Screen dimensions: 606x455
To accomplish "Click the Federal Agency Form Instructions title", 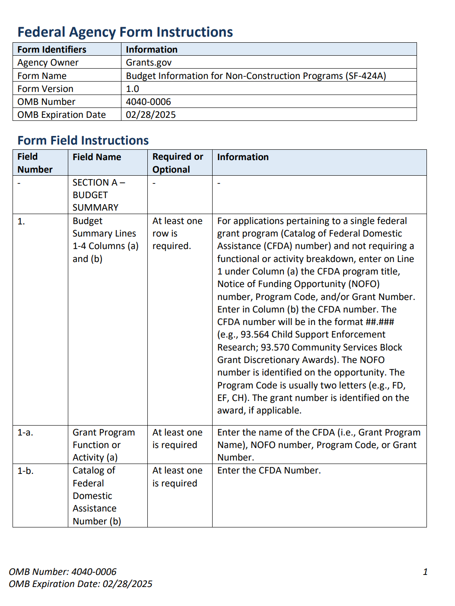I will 125,32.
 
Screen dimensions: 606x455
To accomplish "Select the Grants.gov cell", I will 149,63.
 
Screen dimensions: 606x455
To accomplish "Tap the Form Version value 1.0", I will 132,89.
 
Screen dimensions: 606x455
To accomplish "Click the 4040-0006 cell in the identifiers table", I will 148,102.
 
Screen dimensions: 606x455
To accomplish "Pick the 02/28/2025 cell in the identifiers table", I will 151,115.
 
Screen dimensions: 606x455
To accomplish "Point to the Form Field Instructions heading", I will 83,140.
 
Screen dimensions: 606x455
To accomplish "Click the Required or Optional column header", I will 178,163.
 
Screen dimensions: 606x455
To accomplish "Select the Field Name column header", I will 97,157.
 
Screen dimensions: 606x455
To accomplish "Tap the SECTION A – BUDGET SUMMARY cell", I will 99,195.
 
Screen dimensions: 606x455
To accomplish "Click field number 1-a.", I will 25,432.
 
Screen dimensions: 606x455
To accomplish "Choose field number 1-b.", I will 25,471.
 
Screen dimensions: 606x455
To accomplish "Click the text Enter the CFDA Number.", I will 269,470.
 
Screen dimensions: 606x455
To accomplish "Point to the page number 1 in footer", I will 425,572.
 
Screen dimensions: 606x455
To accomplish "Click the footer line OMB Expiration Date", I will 80,584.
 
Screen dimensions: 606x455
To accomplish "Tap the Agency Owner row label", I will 48,63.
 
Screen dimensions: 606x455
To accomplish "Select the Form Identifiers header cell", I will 52,50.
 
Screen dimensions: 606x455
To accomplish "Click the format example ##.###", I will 380,322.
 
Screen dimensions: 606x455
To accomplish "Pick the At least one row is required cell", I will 177,234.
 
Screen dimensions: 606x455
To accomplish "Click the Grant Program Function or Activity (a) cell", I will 104,445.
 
